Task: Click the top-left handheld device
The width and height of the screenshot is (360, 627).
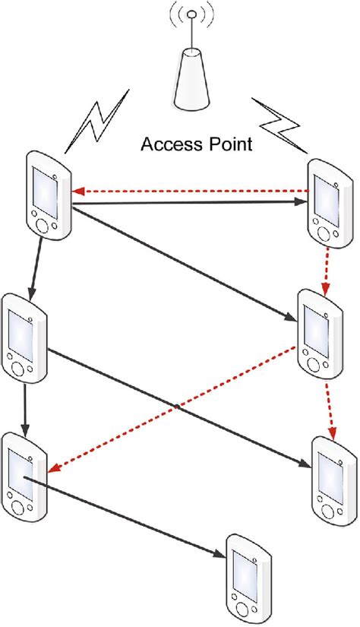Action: click(x=49, y=195)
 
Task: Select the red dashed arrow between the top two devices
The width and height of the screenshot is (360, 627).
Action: click(x=190, y=192)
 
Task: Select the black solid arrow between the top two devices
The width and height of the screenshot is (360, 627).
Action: click(x=190, y=204)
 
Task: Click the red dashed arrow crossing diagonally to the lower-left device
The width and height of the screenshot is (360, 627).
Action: click(x=175, y=407)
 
